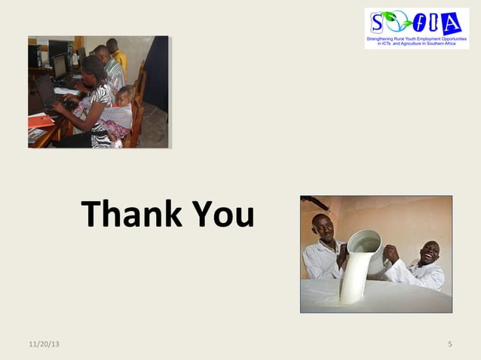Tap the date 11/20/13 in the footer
point(45,345)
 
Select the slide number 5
point(449,345)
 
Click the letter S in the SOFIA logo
point(377,22)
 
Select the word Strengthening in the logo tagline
point(384,38)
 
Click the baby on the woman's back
point(121,105)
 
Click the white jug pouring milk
point(363,248)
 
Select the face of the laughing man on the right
point(428,253)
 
